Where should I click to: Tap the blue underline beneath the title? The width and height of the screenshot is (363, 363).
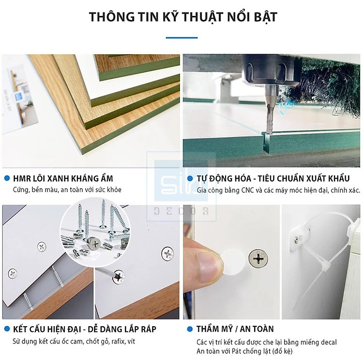[x=181, y=37]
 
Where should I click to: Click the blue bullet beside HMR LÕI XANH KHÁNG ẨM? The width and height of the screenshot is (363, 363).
[x=7, y=178]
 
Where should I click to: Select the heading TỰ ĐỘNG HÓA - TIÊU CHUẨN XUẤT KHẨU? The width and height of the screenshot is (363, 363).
[x=272, y=179]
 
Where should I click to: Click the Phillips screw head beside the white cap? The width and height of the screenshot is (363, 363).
[x=259, y=258]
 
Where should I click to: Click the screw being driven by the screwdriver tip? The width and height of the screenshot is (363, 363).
[x=118, y=276]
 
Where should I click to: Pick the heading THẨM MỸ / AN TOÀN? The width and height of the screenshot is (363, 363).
[x=235, y=329]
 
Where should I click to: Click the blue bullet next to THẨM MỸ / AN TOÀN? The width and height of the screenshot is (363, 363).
[x=189, y=329]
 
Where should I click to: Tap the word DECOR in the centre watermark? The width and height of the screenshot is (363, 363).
[x=181, y=211]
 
